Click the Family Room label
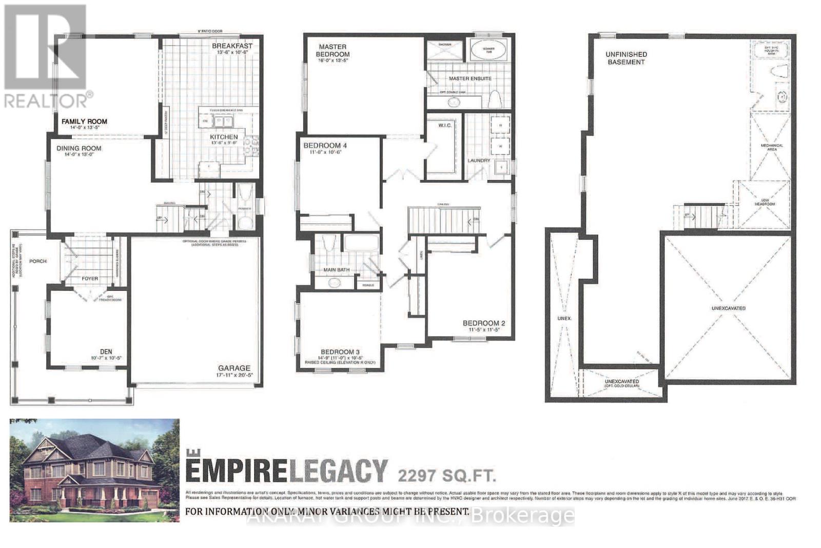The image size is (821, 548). tap(84, 122)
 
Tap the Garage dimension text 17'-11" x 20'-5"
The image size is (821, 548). tap(234, 375)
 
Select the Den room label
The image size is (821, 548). tap(106, 351)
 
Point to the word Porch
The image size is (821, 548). tap(37, 261)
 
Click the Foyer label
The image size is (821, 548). tap(90, 279)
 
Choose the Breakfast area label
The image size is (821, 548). tap(232, 46)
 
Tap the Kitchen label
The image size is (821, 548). tap(224, 137)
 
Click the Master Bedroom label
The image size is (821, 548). tap(333, 50)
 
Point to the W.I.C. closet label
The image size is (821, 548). tap(445, 125)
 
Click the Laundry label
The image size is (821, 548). tap(479, 161)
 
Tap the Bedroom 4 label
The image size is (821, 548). tap(325, 146)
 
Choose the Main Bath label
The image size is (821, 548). tap(336, 270)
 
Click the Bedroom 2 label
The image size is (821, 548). tap(484, 323)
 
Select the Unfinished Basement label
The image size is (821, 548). tap(625, 58)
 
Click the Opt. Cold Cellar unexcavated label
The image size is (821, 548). tap(621, 383)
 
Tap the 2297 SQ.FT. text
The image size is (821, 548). tap(446, 475)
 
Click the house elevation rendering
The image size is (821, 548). tap(95, 470)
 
